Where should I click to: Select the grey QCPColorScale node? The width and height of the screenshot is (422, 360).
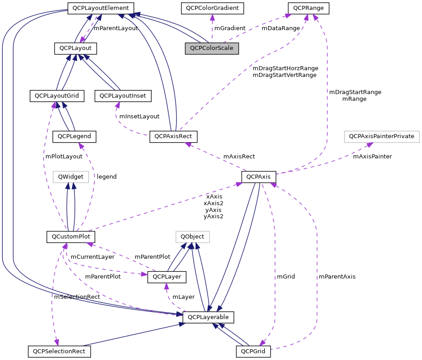pos(212,48)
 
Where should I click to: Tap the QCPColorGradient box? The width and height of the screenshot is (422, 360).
pos(212,8)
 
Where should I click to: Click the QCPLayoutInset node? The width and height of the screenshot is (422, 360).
pos(123,95)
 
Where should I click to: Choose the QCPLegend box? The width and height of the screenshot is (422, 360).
pos(75,135)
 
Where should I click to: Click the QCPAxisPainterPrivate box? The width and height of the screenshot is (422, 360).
pos(381,135)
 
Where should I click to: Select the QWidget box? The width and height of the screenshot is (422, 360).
pos(71,177)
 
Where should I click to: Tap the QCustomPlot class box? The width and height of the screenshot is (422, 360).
pos(71,237)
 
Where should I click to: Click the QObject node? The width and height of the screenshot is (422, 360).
pos(192,236)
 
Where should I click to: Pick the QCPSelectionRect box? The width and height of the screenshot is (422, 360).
pos(59,351)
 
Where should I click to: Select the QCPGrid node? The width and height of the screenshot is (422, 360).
pos(253,351)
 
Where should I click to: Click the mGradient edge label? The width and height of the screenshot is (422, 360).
pos(230,28)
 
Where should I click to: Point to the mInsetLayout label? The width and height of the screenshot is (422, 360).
pos(139,116)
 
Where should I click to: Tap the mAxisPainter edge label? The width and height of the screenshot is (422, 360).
pos(372,157)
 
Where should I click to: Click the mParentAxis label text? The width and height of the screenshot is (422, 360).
pos(336,276)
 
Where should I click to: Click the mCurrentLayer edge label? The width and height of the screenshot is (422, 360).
pos(93,257)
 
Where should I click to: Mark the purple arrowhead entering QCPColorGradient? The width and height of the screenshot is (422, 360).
pos(212,17)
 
